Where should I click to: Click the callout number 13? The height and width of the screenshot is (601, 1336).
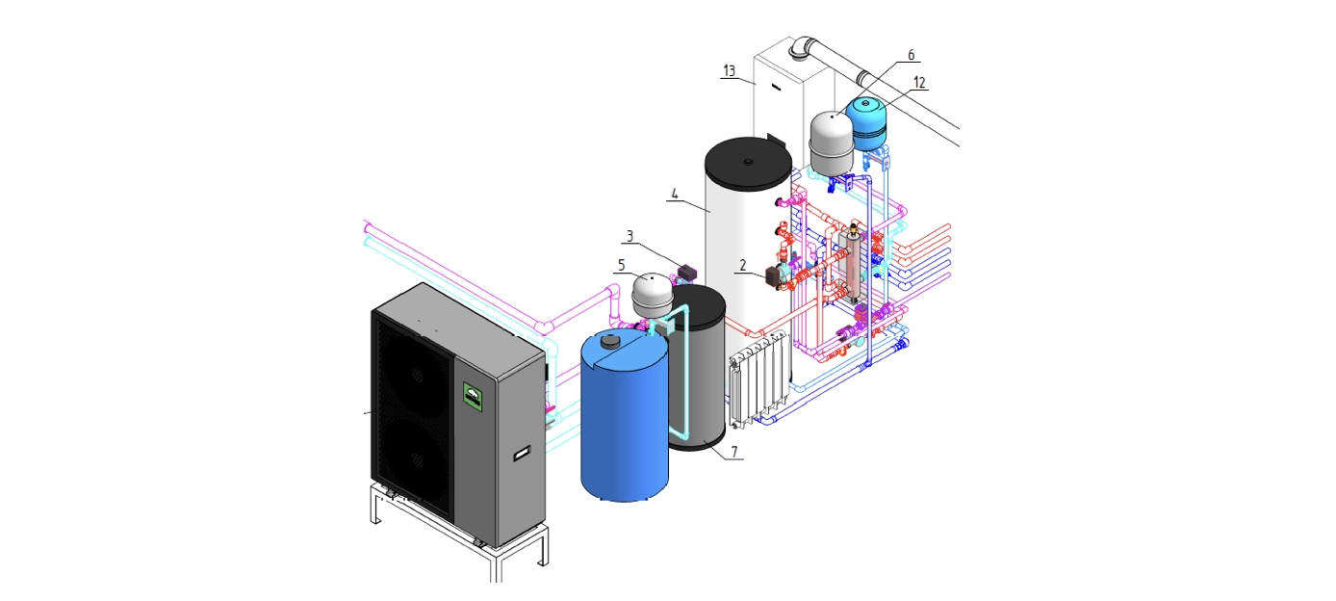(729, 71)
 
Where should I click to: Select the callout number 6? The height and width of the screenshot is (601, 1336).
(911, 55)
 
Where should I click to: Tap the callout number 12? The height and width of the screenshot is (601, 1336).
(919, 83)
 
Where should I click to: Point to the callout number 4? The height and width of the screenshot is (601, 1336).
(675, 194)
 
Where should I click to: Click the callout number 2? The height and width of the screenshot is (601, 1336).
(742, 266)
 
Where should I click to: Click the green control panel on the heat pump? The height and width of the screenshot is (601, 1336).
(473, 394)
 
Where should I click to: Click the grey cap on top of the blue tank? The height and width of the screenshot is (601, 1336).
(610, 339)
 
